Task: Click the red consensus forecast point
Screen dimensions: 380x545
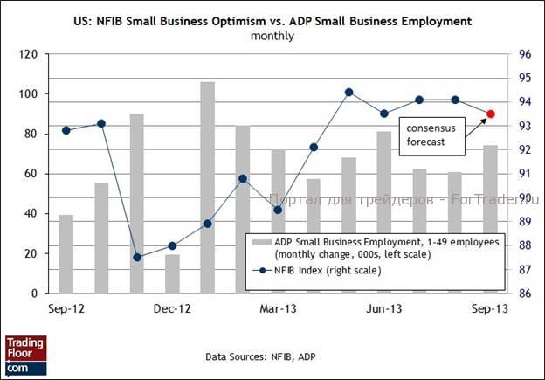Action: (490, 114)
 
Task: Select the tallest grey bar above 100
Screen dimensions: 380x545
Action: (207, 187)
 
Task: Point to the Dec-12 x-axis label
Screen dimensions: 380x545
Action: (172, 308)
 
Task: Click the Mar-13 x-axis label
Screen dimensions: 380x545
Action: (278, 308)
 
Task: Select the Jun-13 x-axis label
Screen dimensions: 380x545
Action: (384, 308)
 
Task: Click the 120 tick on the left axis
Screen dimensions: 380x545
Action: (28, 54)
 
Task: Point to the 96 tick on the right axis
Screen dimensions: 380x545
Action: (525, 54)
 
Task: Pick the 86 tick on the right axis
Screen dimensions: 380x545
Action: (525, 293)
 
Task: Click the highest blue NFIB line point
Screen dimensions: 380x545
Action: (348, 92)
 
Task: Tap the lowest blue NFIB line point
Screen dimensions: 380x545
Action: (136, 257)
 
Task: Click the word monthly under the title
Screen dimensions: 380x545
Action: (272, 36)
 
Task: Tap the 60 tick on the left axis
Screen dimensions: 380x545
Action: (31, 174)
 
